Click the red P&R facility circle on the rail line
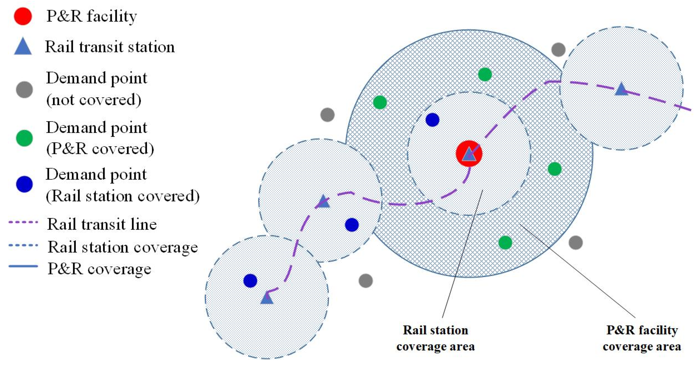coord(469,153)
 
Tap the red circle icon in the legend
coord(23,16)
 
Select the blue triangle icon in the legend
coord(23,47)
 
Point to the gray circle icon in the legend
coord(24,90)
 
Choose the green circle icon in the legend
coord(24,138)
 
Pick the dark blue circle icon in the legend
coord(24,184)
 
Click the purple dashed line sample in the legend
coord(23,222)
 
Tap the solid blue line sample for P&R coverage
coord(23,266)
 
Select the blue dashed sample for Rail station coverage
coord(23,245)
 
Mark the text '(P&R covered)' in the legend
coord(100,149)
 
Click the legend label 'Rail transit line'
coord(102,224)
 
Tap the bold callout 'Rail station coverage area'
coord(435,338)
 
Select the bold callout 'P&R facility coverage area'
coord(642,338)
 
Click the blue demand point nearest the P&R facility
coord(432,120)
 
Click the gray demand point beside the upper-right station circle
coord(558,49)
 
